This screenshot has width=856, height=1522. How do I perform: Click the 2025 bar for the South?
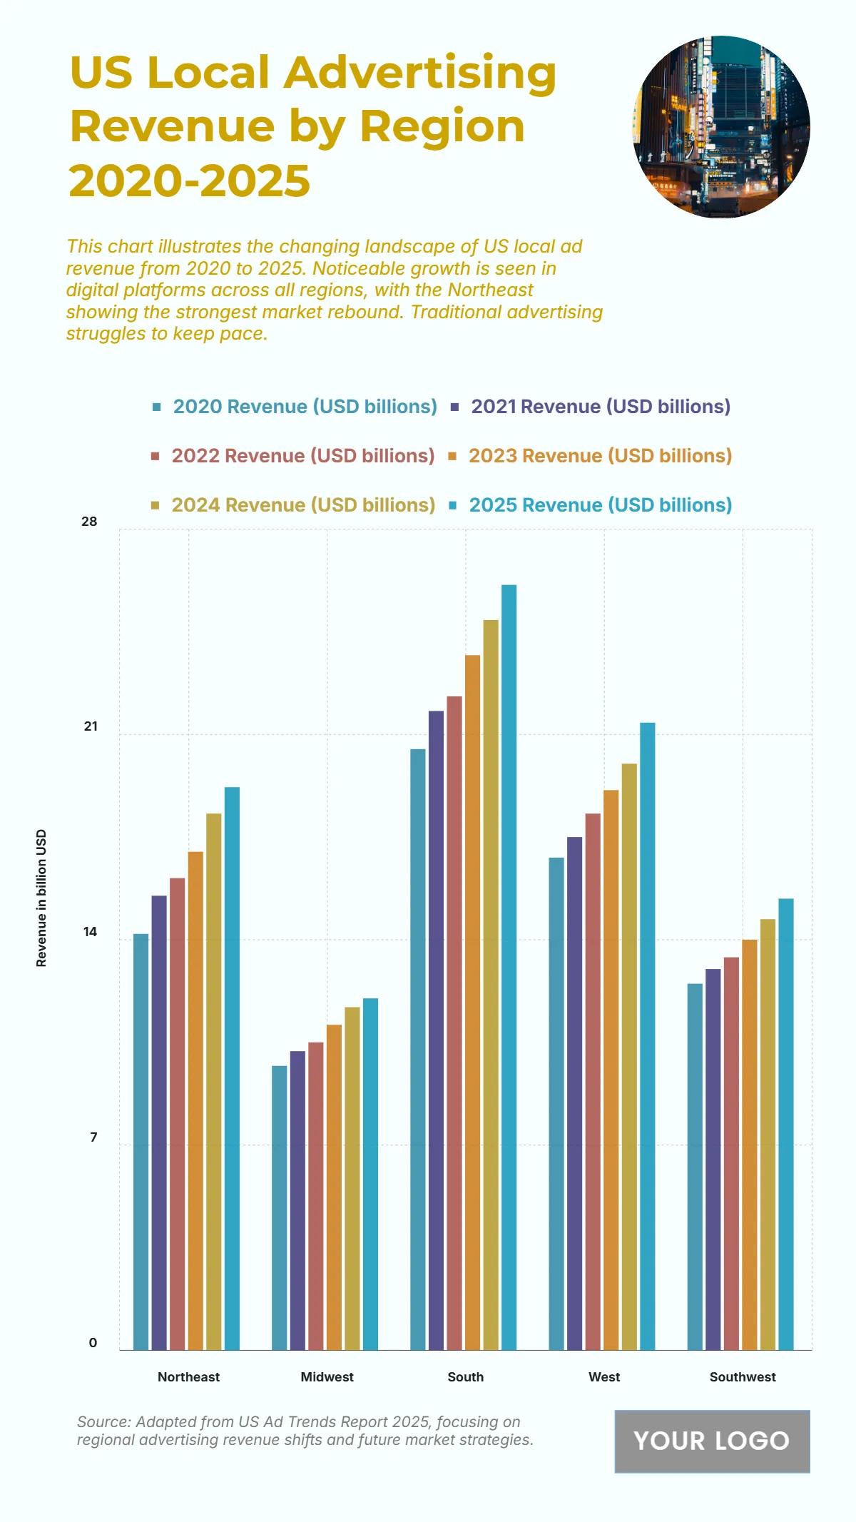coord(509,967)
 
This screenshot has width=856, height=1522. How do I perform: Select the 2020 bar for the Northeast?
coord(141,1142)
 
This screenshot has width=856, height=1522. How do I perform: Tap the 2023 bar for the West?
coord(611,1070)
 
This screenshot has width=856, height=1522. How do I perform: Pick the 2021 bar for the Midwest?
coord(297,1200)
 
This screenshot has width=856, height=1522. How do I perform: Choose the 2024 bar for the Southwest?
coord(768,1135)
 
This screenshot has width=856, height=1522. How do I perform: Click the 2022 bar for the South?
coord(454,1023)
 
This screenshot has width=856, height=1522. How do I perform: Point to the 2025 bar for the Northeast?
coord(232,1068)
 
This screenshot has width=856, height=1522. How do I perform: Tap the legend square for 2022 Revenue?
coord(156,456)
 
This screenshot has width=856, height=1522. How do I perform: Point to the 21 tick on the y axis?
coord(91,726)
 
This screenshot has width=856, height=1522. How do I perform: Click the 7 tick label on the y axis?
coord(93,1137)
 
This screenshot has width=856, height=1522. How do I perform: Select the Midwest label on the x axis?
coord(327,1377)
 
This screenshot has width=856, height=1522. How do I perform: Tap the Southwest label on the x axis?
coord(743,1377)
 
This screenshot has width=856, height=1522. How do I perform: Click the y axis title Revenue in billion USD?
coord(41,898)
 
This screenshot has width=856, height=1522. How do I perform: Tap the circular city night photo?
coord(721,127)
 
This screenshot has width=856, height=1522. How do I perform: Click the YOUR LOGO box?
coord(712,1441)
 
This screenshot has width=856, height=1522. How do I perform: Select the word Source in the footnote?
coord(103,1422)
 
